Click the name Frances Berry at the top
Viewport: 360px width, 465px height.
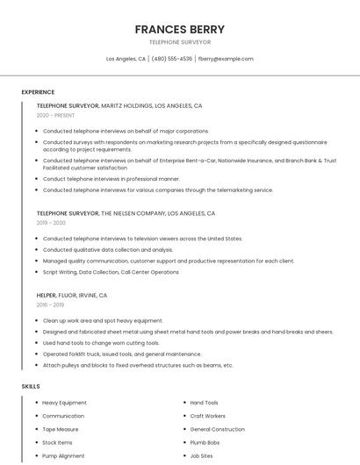coord(179,29)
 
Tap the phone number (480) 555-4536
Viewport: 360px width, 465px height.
coord(171,59)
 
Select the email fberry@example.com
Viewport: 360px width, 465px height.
coord(226,59)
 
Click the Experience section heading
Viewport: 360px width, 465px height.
coord(38,92)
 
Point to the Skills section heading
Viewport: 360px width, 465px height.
coord(31,386)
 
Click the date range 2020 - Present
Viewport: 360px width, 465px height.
coord(55,115)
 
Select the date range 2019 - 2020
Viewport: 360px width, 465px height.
coord(51,223)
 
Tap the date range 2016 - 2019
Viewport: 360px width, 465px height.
coord(50,305)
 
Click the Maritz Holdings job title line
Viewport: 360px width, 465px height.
coord(119,105)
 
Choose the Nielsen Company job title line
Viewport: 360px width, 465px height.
coord(126,213)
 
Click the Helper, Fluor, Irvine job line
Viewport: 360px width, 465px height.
coord(72,296)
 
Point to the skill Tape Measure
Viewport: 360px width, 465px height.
coord(61,429)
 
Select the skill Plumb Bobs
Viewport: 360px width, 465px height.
coord(205,442)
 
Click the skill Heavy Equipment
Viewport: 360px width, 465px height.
coord(64,403)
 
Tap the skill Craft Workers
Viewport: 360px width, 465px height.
coord(207,416)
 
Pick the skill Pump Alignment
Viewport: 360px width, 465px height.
coord(63,455)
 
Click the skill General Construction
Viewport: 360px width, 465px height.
coord(217,429)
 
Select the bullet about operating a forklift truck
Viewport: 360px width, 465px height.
coord(122,354)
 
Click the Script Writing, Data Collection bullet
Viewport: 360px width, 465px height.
coord(111,272)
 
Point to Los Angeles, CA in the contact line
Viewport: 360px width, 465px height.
coord(126,59)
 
